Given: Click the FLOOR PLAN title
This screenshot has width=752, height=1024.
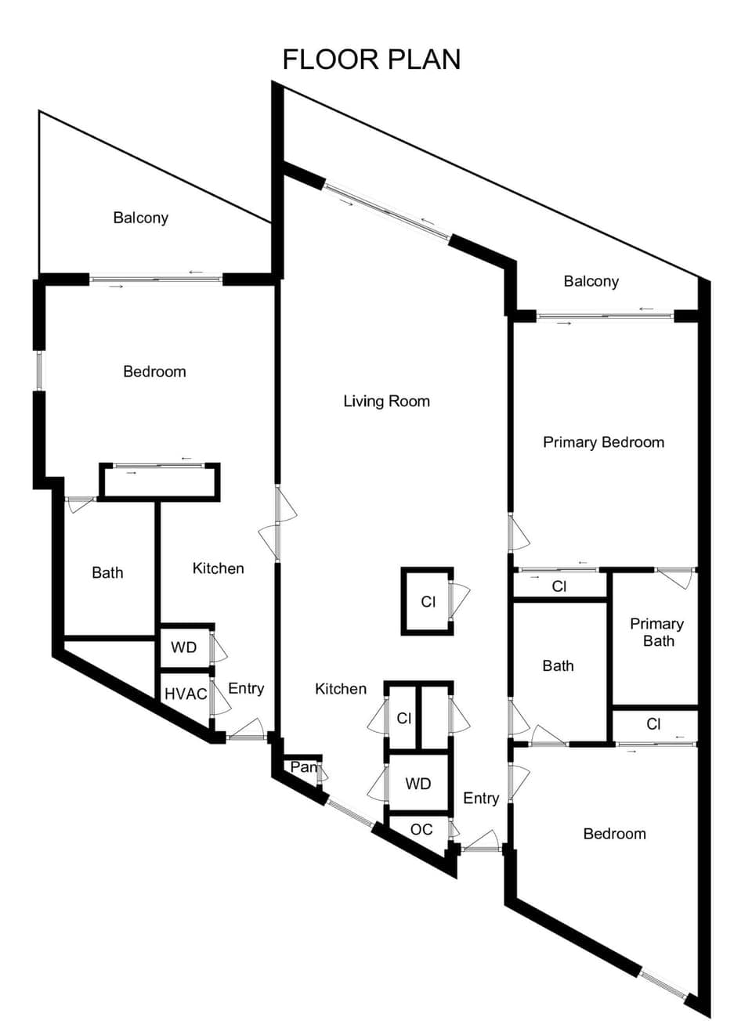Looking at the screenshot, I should (371, 59).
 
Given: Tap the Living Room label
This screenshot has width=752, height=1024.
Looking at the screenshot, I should (386, 402).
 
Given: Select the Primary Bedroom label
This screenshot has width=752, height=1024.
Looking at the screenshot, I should (603, 442).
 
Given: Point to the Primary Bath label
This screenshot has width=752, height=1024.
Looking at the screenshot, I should (656, 633).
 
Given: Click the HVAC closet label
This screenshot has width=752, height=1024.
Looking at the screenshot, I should (186, 694).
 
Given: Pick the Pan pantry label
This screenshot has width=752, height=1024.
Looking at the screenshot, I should (302, 767).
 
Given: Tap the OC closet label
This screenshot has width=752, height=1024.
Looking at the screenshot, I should (421, 830).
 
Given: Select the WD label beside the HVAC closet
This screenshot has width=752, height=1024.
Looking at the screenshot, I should (184, 648).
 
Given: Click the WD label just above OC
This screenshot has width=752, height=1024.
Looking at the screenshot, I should (418, 784).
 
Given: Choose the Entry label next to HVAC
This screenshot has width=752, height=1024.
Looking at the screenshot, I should (246, 689).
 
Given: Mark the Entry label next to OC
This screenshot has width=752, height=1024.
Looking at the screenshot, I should (481, 798).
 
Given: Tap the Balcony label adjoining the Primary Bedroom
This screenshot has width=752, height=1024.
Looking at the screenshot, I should (591, 282).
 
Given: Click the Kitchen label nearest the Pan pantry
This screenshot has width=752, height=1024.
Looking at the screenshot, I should (341, 689).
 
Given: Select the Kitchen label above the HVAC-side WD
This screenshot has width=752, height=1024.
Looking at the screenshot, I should (218, 568).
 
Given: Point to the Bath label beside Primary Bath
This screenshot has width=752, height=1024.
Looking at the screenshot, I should (558, 666).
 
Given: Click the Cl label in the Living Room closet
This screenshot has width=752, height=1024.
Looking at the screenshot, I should (428, 602).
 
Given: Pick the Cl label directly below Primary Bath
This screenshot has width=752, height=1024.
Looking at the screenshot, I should (654, 724).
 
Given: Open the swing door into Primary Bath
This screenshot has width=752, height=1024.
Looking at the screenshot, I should (676, 578).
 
